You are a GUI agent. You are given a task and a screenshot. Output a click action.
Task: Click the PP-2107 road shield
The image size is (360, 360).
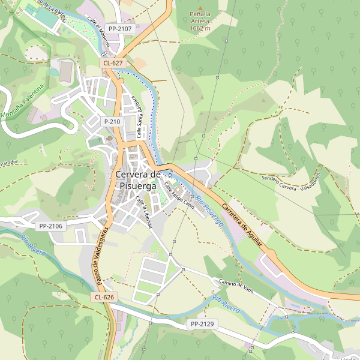(x=120, y=28)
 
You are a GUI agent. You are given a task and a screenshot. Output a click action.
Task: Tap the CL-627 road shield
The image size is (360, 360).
(x=113, y=62)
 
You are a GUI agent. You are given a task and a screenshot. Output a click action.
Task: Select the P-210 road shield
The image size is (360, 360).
(x=112, y=122)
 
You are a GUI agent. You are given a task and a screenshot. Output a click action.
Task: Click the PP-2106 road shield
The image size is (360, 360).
(x=50, y=226)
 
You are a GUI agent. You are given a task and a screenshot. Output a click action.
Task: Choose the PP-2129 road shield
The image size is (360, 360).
(x=202, y=324)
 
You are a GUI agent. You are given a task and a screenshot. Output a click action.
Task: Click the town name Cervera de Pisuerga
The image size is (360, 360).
(x=137, y=180)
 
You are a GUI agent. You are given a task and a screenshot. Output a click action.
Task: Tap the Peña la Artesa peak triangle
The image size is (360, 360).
(x=200, y=4)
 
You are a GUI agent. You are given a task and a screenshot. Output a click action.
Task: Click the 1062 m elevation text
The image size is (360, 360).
(x=200, y=28)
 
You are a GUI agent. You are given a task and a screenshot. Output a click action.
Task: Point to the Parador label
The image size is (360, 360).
(x=10, y=163)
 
